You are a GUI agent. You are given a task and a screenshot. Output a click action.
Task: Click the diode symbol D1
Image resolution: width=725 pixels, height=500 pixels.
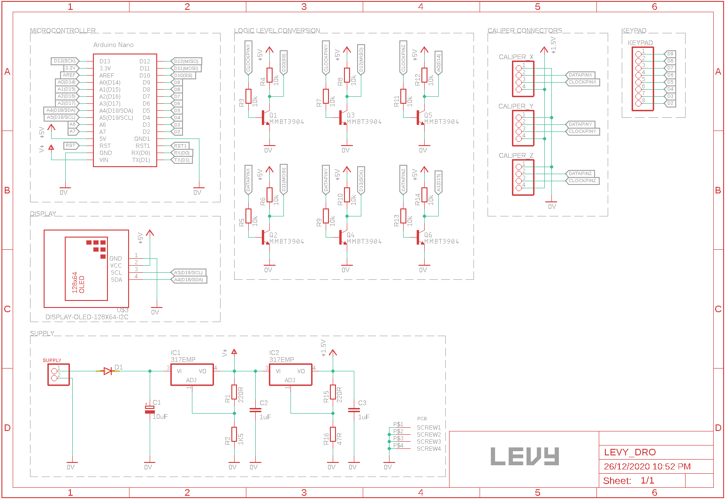(108, 371)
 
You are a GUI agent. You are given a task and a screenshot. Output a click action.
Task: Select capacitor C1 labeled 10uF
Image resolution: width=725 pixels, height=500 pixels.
(150, 409)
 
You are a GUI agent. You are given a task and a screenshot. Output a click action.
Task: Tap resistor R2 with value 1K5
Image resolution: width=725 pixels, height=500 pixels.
(234, 434)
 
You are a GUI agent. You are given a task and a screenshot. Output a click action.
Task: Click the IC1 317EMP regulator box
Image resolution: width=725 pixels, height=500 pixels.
(192, 375)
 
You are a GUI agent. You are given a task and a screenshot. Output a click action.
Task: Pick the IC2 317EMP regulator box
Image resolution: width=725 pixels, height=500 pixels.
(290, 375)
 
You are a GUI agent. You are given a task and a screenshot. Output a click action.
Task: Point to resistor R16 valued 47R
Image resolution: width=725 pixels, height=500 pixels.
(333, 434)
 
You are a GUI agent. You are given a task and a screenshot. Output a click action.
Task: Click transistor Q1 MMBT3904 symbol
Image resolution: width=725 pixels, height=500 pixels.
(265, 118)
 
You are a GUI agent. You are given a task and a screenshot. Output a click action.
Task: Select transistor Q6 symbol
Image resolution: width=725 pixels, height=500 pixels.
(420, 238)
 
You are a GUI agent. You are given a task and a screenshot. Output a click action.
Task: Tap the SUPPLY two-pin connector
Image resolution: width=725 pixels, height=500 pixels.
(58, 375)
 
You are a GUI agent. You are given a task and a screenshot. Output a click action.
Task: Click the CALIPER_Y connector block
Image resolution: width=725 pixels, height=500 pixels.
(523, 128)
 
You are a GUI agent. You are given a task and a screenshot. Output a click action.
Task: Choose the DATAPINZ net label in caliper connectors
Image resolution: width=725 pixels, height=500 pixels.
(580, 174)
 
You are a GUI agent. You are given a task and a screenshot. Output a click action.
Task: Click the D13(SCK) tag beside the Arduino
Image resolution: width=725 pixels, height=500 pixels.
(65, 61)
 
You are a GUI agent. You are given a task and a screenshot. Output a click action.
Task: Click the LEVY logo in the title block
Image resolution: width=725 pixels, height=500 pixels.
(525, 456)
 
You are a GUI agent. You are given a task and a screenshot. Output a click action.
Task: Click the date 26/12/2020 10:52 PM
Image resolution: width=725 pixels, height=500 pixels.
(647, 466)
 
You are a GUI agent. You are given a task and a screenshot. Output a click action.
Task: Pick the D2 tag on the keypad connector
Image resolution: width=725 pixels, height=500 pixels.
(670, 103)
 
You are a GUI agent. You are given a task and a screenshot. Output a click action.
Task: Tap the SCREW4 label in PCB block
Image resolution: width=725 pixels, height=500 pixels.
(428, 449)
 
